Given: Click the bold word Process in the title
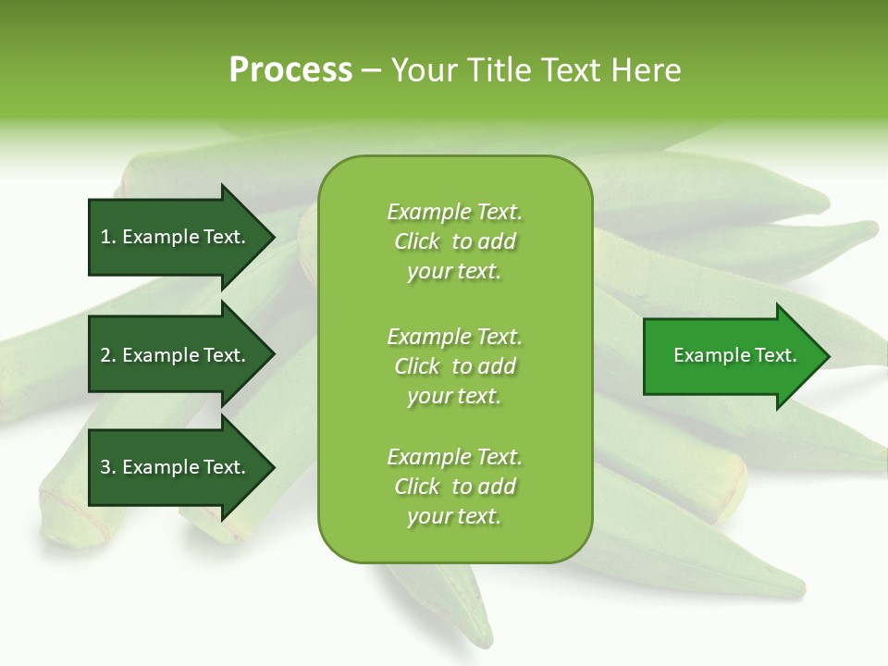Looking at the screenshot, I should tap(290, 70).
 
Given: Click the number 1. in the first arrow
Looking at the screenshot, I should tap(108, 237).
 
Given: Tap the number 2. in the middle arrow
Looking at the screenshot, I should tap(108, 355).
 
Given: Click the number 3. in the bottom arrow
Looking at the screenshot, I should tap(108, 467).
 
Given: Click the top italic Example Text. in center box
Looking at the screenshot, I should tap(454, 212).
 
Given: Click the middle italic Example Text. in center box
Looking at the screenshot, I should tap(454, 336).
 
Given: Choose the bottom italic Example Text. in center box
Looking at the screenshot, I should tap(454, 457).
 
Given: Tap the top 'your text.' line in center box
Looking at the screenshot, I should tap(454, 272).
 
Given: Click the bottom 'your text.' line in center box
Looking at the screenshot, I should tap(454, 517).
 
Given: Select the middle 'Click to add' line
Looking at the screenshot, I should tap(454, 366).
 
